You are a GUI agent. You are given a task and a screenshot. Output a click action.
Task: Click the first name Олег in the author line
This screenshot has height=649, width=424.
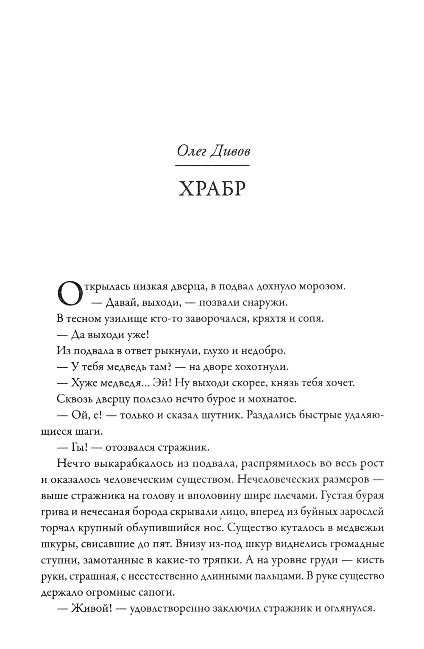point(190,150)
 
